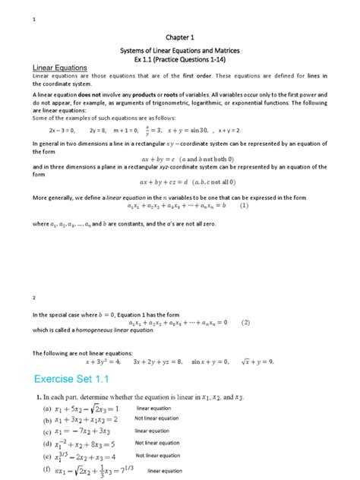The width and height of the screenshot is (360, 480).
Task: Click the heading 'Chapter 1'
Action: coord(181,36)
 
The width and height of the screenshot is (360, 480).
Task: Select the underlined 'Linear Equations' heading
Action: coord(60,68)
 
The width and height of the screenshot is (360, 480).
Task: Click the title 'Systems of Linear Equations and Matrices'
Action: coord(181,49)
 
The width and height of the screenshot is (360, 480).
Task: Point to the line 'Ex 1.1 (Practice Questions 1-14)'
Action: coord(181,58)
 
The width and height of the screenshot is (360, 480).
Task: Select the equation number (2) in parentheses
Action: coord(245,322)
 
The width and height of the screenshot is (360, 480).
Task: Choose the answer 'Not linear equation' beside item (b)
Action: coord(157,418)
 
